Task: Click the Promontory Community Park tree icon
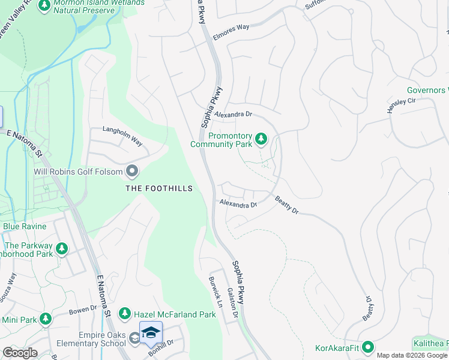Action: click(261, 139)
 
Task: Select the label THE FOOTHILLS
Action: click(159, 188)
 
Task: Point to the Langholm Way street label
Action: click(122, 136)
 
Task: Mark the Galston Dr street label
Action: click(233, 303)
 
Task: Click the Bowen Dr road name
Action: click(83, 309)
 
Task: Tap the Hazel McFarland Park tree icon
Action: click(124, 313)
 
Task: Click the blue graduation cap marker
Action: click(151, 332)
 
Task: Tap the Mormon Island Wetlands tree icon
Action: click(44, 5)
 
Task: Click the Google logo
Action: click(20, 353)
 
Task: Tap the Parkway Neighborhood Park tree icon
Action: click(61, 248)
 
